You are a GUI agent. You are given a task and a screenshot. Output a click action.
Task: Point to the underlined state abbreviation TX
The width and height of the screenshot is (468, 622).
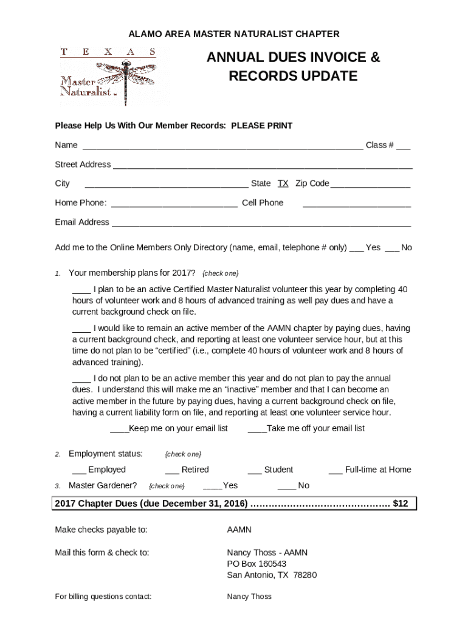[283, 183]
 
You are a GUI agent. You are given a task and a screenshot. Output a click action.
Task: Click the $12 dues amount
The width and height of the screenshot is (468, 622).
[401, 504]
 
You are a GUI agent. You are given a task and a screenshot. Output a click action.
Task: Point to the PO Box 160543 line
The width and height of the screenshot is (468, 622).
[256, 564]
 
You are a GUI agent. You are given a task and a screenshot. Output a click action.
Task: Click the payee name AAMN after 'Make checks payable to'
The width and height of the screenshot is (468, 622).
[239, 530]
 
